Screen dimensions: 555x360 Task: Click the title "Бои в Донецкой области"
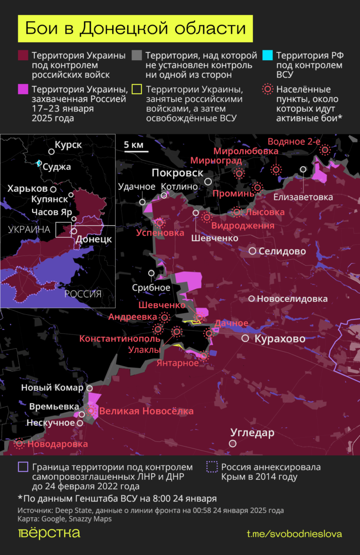(135, 29)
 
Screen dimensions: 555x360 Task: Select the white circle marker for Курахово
(246, 338)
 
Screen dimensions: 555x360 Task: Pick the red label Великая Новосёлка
(146, 411)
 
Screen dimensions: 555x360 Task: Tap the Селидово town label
(282, 251)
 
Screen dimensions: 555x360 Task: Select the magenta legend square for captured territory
(23, 89)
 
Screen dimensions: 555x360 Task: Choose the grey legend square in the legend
(137, 55)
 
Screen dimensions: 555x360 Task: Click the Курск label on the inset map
(68, 145)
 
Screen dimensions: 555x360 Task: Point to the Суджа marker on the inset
(39, 163)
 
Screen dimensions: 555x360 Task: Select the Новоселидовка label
(292, 299)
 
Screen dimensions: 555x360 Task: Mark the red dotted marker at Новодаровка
(20, 443)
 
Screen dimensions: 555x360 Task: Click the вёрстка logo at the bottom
(49, 533)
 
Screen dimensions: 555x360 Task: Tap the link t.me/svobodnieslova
(294, 534)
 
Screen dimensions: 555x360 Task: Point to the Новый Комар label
(52, 388)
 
